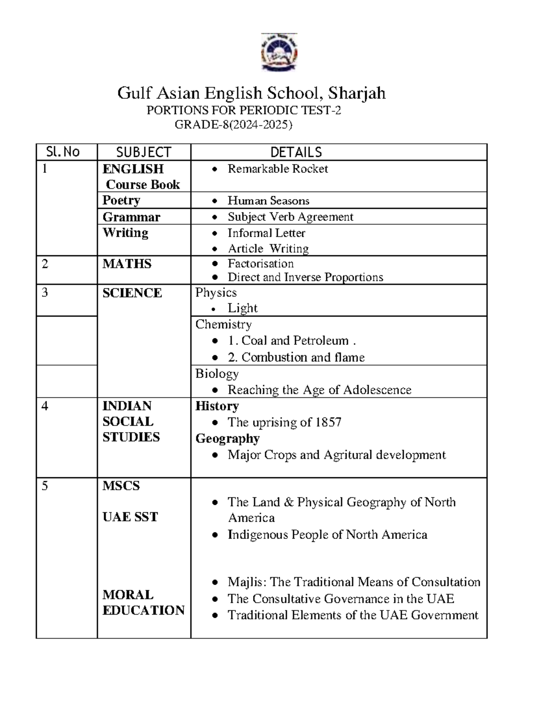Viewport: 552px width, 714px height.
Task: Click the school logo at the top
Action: pyautogui.click(x=279, y=52)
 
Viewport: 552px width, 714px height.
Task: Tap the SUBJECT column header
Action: pyautogui.click(x=144, y=152)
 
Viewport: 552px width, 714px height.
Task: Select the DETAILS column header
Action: pyautogui.click(x=296, y=152)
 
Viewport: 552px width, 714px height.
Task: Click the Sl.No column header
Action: pyautogui.click(x=63, y=152)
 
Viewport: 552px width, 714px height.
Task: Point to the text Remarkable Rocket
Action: pyautogui.click(x=277, y=169)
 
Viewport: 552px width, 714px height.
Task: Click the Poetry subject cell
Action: pyautogui.click(x=121, y=200)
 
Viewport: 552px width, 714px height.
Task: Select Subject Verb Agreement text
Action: pyautogui.click(x=290, y=217)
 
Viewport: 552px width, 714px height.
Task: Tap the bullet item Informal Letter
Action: pyautogui.click(x=266, y=233)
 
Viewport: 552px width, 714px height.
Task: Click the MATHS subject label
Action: pyautogui.click(x=127, y=264)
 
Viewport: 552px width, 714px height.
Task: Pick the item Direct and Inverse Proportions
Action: pyautogui.click(x=305, y=277)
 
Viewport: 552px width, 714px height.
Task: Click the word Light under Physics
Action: pyautogui.click(x=242, y=308)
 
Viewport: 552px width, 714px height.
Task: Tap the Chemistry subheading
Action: pyautogui.click(x=224, y=324)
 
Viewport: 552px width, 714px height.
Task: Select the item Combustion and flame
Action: pyautogui.click(x=303, y=357)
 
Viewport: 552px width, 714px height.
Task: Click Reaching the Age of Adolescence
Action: pyautogui.click(x=319, y=390)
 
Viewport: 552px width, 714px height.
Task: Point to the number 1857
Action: pyautogui.click(x=328, y=422)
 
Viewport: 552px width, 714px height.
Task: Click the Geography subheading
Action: pyautogui.click(x=227, y=438)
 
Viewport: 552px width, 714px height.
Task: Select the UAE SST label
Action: pyautogui.click(x=130, y=517)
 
